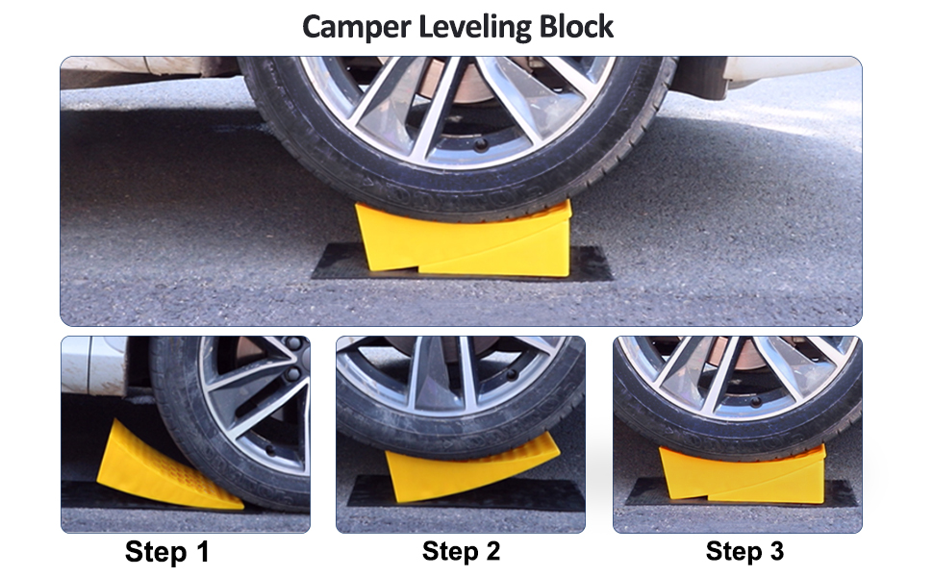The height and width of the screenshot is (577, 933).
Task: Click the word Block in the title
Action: pos(574,26)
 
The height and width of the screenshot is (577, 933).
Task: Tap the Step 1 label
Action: pos(166,552)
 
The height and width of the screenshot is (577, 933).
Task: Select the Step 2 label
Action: pos(461,551)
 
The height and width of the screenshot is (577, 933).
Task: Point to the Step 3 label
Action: pos(744,551)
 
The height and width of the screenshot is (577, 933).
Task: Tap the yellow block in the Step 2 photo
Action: pos(462,469)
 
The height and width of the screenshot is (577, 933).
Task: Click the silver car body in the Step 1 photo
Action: pos(91,365)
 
